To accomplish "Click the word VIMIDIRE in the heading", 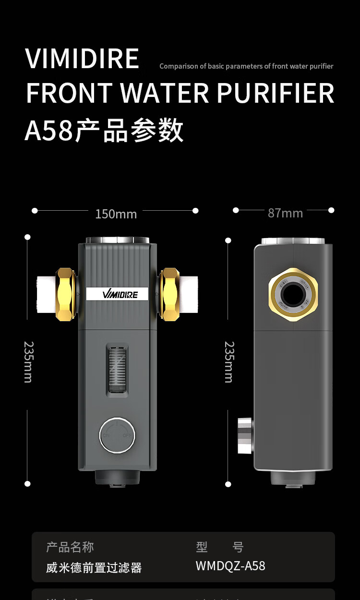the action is point(82,59).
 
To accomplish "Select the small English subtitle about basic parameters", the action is point(246,66).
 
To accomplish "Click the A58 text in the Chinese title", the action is point(48,131).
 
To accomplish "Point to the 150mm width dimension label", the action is point(116,214).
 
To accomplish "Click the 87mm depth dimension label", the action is point(285,213).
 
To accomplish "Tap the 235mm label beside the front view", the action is point(28,361).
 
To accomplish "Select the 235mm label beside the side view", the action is point(229,361).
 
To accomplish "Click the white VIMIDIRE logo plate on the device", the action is point(119,294).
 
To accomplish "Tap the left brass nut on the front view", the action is point(66,294).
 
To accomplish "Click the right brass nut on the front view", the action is point(169,294).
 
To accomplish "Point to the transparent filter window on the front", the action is point(117,367).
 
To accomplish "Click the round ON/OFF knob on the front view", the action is point(117,435).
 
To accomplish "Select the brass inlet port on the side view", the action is point(293,293).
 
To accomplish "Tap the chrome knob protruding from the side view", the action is point(245,435).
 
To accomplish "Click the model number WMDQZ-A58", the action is point(230,566).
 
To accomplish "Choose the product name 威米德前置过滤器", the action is point(94,568).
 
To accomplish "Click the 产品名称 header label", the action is point(70,547).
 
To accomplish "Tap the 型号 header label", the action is point(220,547).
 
